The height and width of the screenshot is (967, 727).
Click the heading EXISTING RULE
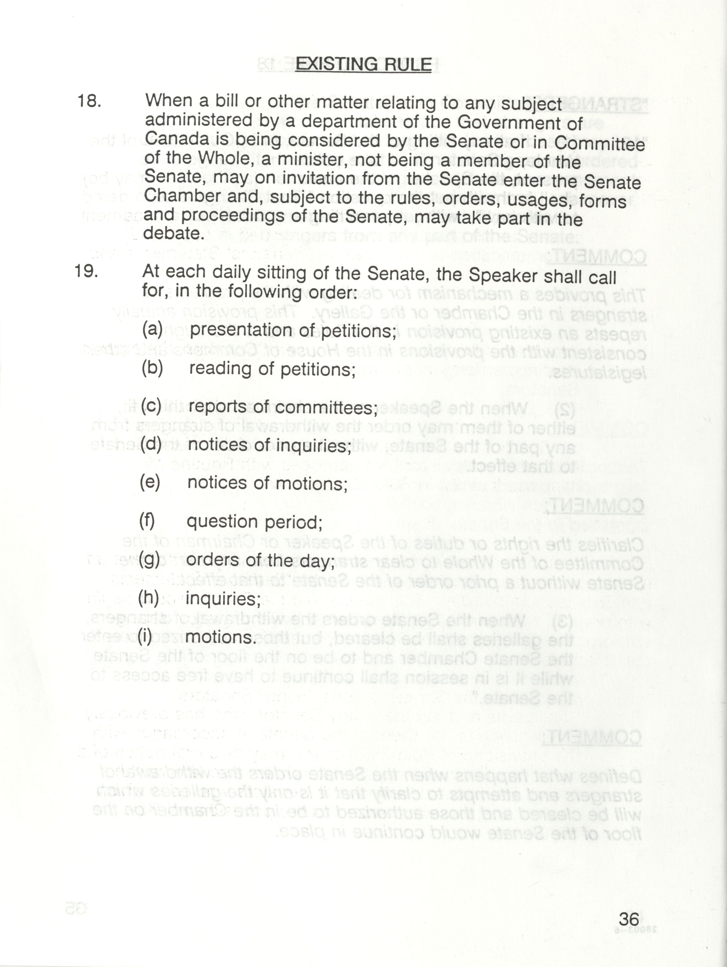click(x=363, y=65)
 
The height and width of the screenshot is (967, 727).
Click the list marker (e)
click(x=150, y=482)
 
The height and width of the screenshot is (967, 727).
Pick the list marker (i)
click(x=145, y=637)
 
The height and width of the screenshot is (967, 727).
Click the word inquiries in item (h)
click(x=223, y=599)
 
